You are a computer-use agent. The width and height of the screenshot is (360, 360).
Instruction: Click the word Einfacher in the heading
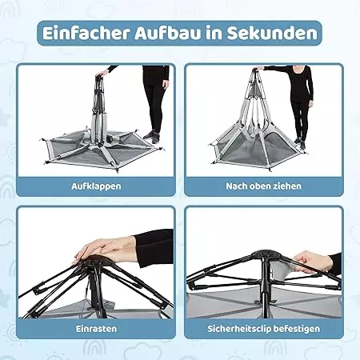pos(86,34)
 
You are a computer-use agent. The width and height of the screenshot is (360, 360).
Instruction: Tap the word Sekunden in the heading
pos(272,34)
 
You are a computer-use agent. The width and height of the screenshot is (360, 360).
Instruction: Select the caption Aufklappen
pos(96,186)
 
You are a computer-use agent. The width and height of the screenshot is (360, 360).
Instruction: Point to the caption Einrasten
pos(96,329)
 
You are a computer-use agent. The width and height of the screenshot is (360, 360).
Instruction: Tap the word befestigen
pos(297,329)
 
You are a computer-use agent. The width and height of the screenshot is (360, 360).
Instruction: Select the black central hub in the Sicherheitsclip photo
pos(263,256)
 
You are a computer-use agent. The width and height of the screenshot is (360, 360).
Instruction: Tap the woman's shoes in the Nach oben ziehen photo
pos(300,142)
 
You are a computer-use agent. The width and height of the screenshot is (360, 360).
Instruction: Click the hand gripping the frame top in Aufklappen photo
pos(102,73)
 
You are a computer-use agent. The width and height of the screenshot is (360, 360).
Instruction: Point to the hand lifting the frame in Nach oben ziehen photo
pos(258,69)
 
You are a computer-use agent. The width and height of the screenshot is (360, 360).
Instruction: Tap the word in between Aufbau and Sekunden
pos(214,34)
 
